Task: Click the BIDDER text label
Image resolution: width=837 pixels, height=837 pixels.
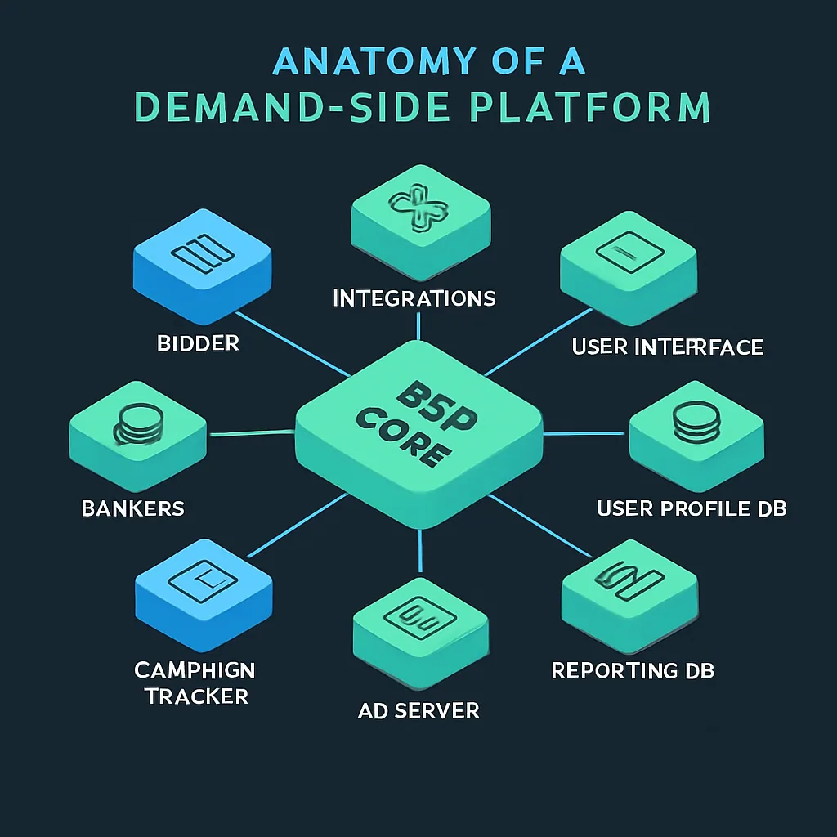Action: pyautogui.click(x=199, y=343)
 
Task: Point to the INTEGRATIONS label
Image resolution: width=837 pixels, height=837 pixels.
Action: pyautogui.click(x=414, y=298)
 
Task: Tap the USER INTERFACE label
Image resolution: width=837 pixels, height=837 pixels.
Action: pyautogui.click(x=668, y=347)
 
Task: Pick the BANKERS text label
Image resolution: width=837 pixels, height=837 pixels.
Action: pyautogui.click(x=133, y=508)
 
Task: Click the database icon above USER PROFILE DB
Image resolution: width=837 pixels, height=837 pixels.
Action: pyautogui.click(x=695, y=423)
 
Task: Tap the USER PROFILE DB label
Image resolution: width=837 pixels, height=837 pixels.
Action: pyautogui.click(x=692, y=508)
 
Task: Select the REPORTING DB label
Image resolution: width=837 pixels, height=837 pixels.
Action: pyautogui.click(x=633, y=671)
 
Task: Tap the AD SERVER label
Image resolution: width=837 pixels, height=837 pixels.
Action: pyautogui.click(x=418, y=710)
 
